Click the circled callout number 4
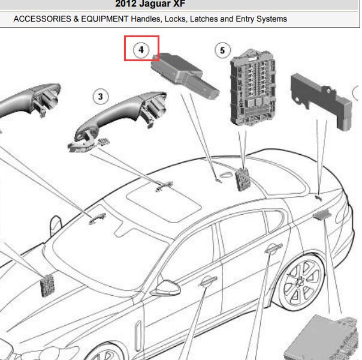(x=141, y=50)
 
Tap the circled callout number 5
(x=222, y=50)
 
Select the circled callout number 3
(x=101, y=97)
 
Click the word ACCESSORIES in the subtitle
(x=42, y=19)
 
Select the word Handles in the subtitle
(x=146, y=19)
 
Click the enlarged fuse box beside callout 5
(x=254, y=88)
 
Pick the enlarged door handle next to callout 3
(x=117, y=121)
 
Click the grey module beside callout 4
(x=185, y=74)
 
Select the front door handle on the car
(x=208, y=281)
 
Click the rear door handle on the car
(x=274, y=248)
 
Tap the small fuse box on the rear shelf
(x=243, y=179)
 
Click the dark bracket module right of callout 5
(x=321, y=101)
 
